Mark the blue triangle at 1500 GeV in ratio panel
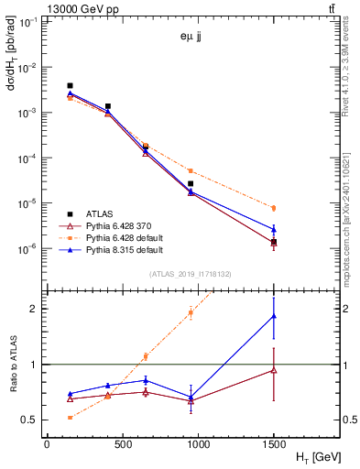click(x=274, y=316)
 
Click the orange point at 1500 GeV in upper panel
click(x=274, y=208)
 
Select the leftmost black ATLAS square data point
click(x=70, y=86)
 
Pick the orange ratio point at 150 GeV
click(x=70, y=418)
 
